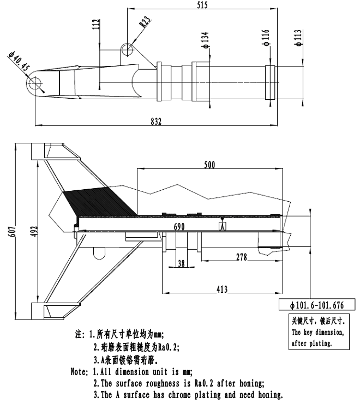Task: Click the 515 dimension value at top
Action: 203,6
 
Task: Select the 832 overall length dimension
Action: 157,122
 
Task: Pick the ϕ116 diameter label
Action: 266,39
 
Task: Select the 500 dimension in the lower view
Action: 209,164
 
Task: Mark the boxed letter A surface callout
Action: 223,226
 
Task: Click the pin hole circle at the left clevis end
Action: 36,84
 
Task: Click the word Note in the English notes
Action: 79,372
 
